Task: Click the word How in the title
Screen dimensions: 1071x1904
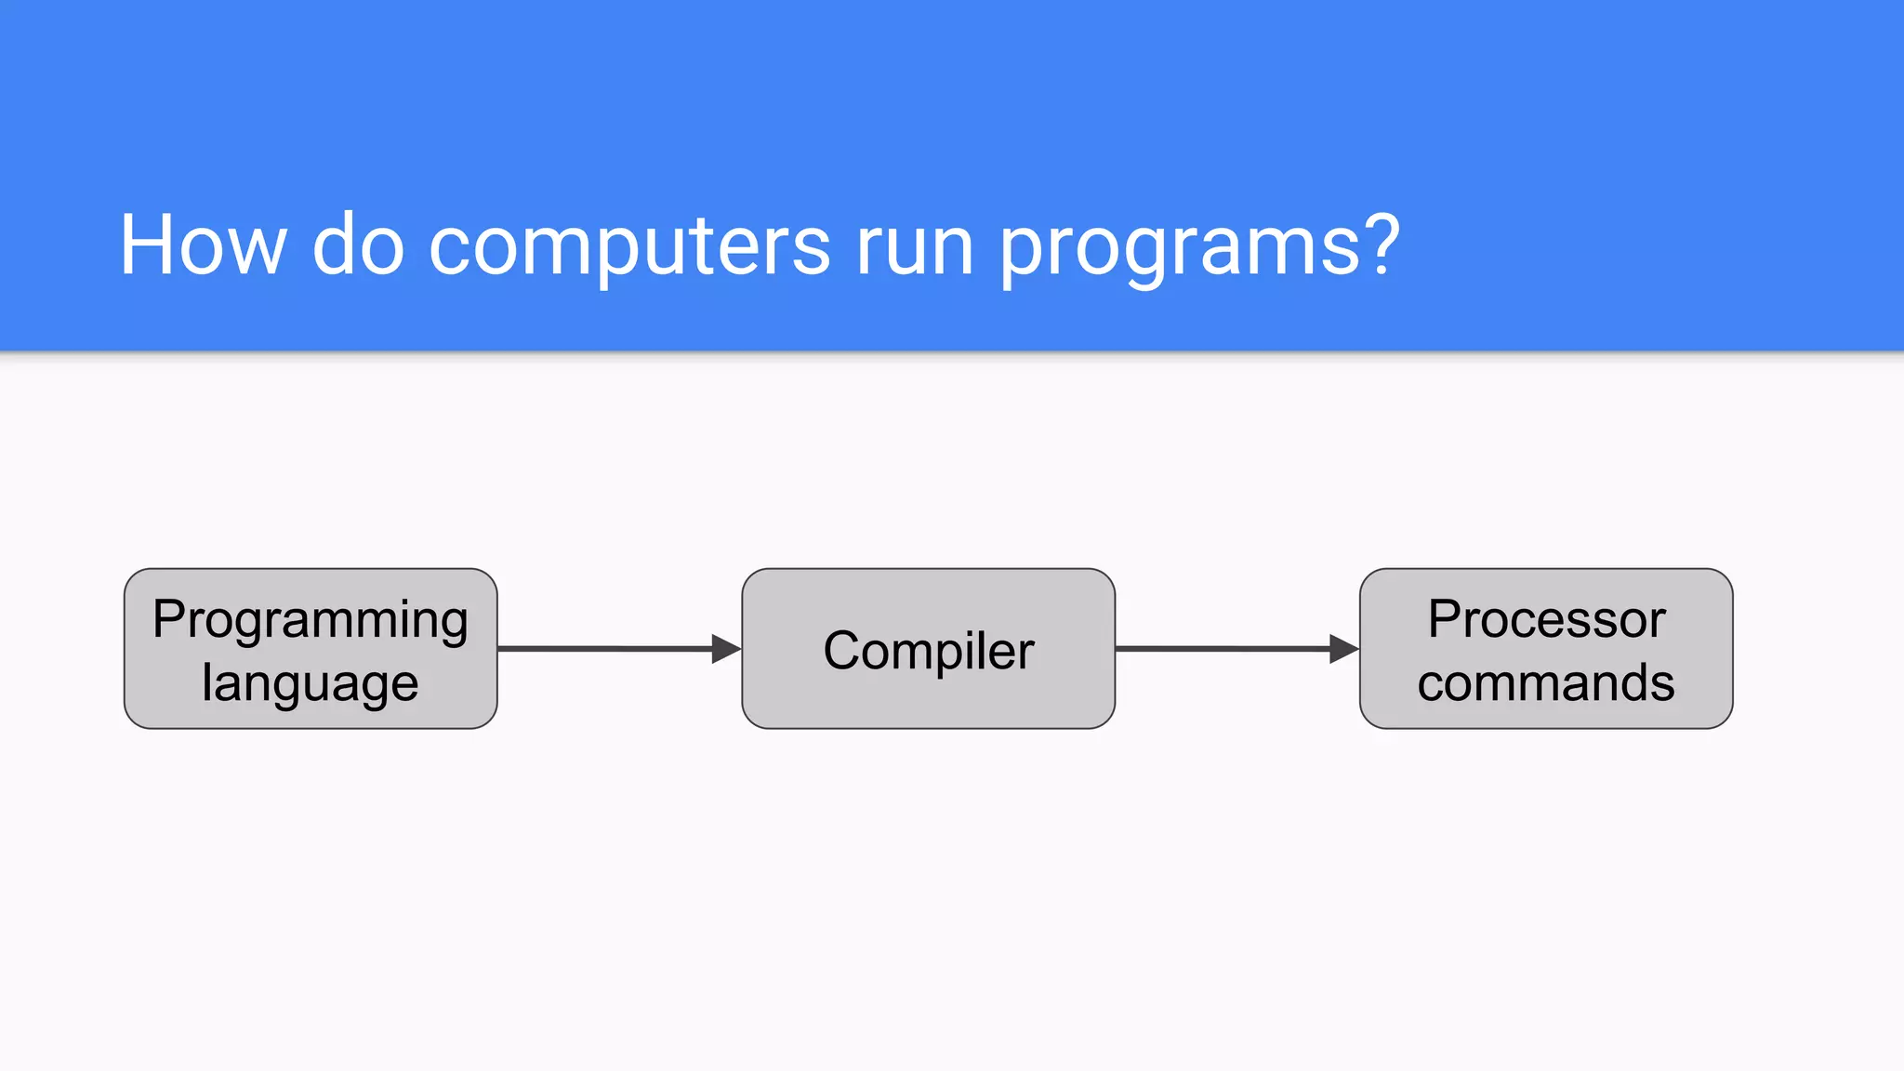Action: (x=203, y=245)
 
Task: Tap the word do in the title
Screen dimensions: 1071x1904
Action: (x=358, y=245)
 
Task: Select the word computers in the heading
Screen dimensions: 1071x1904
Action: (x=628, y=245)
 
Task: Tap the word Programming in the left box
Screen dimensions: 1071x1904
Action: (x=311, y=620)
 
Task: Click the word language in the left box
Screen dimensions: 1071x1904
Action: (x=311, y=684)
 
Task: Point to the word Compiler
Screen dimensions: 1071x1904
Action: (x=928, y=650)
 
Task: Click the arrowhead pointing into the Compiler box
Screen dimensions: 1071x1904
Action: (x=725, y=649)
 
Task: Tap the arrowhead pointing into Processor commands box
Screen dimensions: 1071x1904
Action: (x=1343, y=649)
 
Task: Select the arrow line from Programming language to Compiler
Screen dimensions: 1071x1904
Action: (x=604, y=649)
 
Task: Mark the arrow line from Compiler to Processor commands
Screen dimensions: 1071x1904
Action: (x=1222, y=649)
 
